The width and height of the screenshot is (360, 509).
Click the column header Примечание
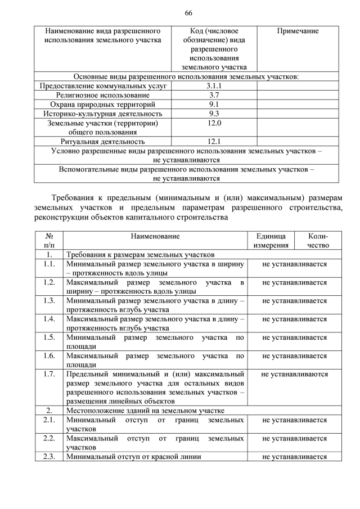(298, 31)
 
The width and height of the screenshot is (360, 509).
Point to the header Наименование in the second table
(155, 237)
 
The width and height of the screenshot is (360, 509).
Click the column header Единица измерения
(271, 241)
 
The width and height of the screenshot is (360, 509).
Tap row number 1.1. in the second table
(49, 264)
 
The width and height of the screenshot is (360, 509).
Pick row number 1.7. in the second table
(49, 374)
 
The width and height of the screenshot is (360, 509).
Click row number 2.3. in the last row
(49, 457)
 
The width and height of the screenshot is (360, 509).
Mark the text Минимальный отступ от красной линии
(134, 457)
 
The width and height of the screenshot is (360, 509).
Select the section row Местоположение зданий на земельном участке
(146, 411)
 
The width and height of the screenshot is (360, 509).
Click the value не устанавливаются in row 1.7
(294, 374)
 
